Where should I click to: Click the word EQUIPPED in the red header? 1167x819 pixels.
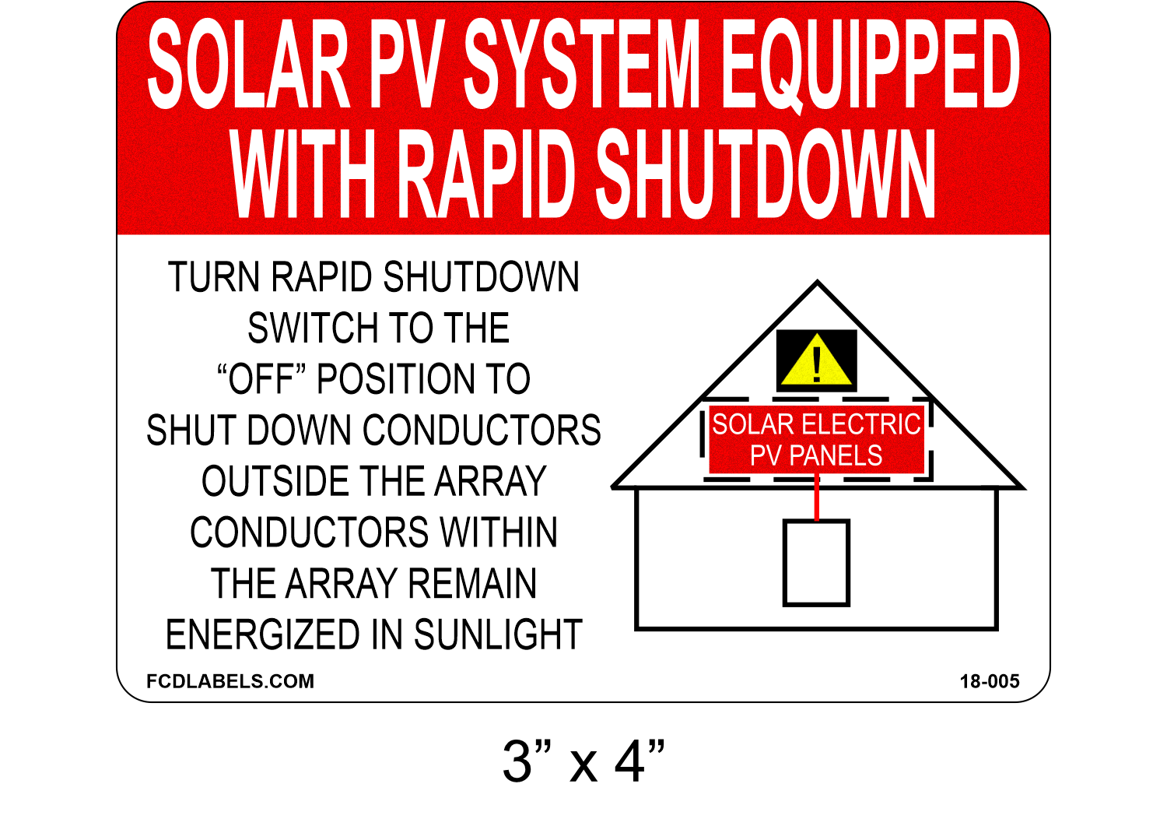pos(871,64)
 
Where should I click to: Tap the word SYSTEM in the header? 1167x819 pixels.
pos(583,64)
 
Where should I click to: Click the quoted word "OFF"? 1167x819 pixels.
pos(262,380)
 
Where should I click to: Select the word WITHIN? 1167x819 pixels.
pos(499,533)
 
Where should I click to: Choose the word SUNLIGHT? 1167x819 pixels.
pos(498,635)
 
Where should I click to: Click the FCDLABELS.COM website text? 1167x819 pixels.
pos(230,681)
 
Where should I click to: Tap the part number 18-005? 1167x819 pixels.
pos(989,682)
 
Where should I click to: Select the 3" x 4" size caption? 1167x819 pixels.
pos(583,761)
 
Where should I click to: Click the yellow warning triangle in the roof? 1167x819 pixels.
pos(816,361)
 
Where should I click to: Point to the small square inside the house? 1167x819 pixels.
pos(815,563)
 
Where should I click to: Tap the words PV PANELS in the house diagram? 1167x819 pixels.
pos(816,455)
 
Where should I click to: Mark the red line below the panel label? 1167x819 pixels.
pos(817,498)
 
